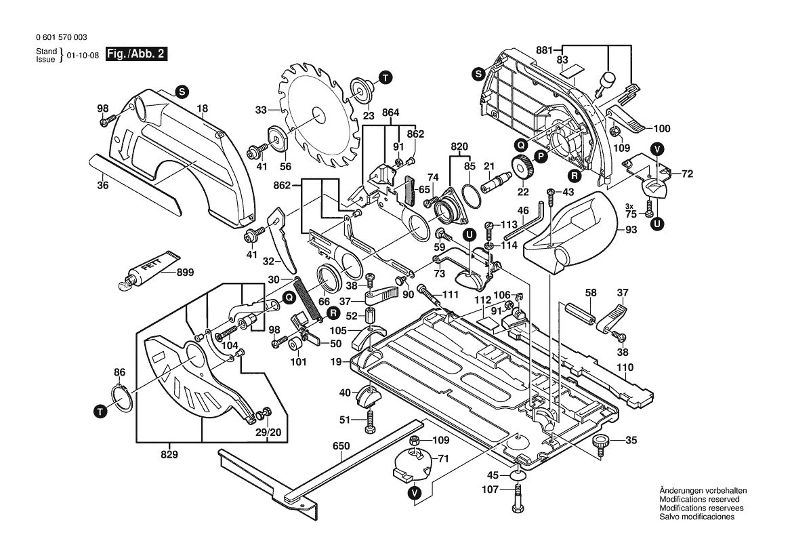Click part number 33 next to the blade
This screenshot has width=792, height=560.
(x=262, y=109)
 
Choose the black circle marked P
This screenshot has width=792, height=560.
(x=541, y=156)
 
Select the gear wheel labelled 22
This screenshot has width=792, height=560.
(x=522, y=166)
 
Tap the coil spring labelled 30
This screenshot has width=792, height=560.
(x=308, y=302)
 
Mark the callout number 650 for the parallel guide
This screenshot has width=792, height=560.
(x=341, y=446)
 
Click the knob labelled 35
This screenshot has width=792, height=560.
(x=600, y=443)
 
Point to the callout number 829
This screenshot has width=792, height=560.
(x=169, y=454)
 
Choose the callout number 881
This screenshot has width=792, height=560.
(x=544, y=49)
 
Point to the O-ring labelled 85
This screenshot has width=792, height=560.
(x=469, y=187)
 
